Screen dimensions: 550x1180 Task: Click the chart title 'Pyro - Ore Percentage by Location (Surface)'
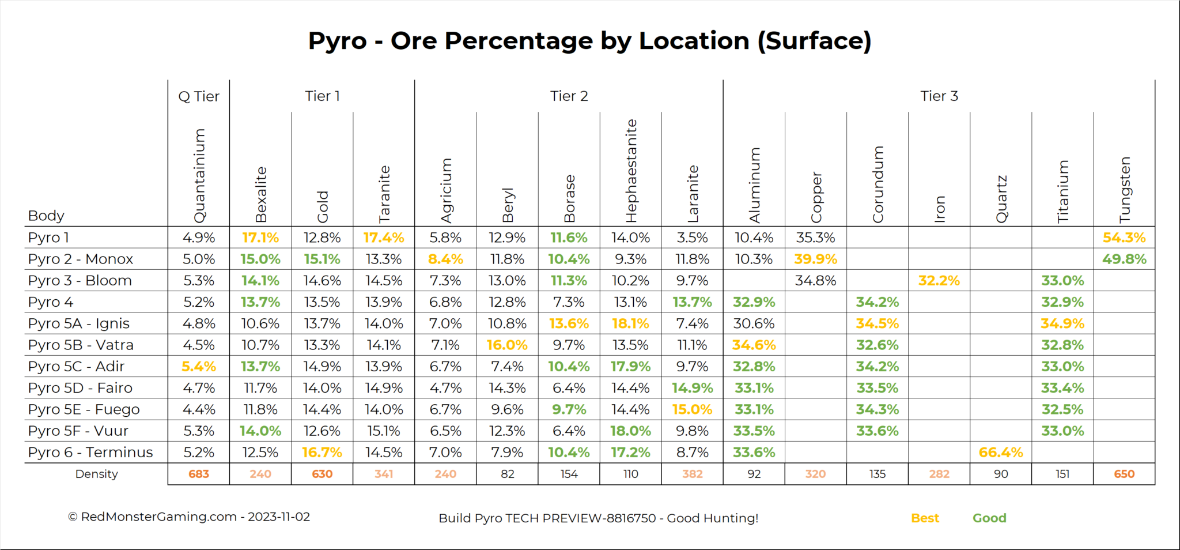(589, 41)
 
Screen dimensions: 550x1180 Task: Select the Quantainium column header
(199, 176)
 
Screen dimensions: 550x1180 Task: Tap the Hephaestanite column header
(631, 171)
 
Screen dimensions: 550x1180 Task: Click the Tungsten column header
(1125, 190)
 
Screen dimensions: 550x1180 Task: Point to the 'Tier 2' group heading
(569, 96)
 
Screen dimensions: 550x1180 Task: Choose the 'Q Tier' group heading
(199, 96)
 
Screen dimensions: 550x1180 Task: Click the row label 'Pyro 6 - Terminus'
(90, 453)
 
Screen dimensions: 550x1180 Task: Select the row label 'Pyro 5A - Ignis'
(79, 323)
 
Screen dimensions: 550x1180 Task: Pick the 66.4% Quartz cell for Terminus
(1001, 453)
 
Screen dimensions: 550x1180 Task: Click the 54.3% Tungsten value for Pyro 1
(1124, 238)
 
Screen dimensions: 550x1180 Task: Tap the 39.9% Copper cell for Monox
(815, 259)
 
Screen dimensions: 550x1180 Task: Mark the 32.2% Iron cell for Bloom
(939, 281)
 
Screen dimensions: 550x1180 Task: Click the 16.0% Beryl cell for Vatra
(507, 345)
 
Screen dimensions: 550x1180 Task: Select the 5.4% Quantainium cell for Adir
(199, 367)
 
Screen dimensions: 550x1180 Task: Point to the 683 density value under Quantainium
(199, 474)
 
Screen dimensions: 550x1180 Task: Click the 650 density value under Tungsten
(1124, 474)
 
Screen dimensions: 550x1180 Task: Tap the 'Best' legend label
(925, 518)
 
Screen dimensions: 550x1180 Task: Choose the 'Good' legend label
(989, 518)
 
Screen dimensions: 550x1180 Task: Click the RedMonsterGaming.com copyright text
(189, 517)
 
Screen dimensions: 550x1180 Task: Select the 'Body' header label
(46, 216)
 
